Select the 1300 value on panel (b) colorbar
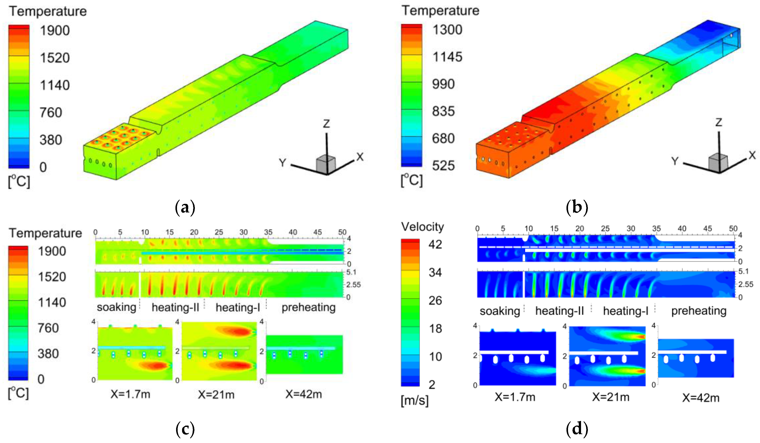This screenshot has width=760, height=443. [x=447, y=30]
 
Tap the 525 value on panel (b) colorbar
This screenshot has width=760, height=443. [x=443, y=165]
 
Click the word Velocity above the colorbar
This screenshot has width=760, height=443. [x=422, y=227]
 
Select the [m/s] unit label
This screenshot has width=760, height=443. [x=414, y=400]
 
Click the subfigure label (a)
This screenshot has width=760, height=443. [x=185, y=207]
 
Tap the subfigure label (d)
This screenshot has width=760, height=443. [x=577, y=428]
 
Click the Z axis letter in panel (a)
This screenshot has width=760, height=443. [x=326, y=124]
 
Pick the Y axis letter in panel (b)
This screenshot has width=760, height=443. [x=675, y=161]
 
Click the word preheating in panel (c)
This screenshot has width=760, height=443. [x=308, y=307]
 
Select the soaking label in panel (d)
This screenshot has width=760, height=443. [x=499, y=311]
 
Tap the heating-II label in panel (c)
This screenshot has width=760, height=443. [x=175, y=307]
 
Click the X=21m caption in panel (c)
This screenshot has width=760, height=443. [x=216, y=394]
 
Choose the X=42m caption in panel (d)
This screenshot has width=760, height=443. [x=701, y=398]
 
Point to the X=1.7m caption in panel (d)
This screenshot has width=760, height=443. [x=515, y=397]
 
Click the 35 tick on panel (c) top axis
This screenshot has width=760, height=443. [x=268, y=232]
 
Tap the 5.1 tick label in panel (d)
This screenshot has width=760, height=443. [x=744, y=271]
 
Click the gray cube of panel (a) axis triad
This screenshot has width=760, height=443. [x=325, y=164]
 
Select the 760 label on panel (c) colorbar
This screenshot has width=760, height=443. [x=48, y=328]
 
